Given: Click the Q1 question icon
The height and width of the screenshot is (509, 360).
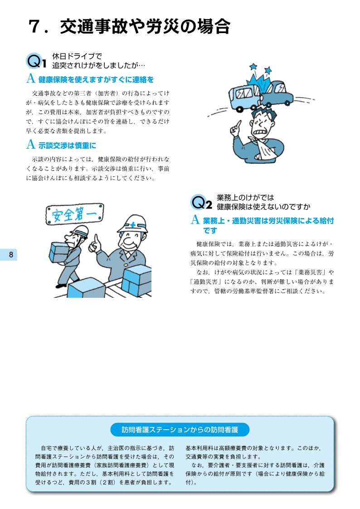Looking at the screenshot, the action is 36,61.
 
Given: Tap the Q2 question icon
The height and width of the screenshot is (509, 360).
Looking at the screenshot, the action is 201,203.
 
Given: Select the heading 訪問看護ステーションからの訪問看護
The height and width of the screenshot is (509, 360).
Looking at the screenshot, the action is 180,430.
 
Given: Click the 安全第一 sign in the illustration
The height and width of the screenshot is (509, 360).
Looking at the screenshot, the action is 75,214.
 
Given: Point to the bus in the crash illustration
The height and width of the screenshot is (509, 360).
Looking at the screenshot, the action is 245,95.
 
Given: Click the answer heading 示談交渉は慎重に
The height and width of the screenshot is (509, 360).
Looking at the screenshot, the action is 67,145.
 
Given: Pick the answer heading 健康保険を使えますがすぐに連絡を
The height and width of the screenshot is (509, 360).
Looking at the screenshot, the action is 96,79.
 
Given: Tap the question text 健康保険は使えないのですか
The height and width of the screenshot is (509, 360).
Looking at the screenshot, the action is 263,207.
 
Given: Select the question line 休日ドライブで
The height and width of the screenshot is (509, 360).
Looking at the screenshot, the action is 77,57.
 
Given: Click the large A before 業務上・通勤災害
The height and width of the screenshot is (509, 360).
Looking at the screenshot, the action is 195,220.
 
